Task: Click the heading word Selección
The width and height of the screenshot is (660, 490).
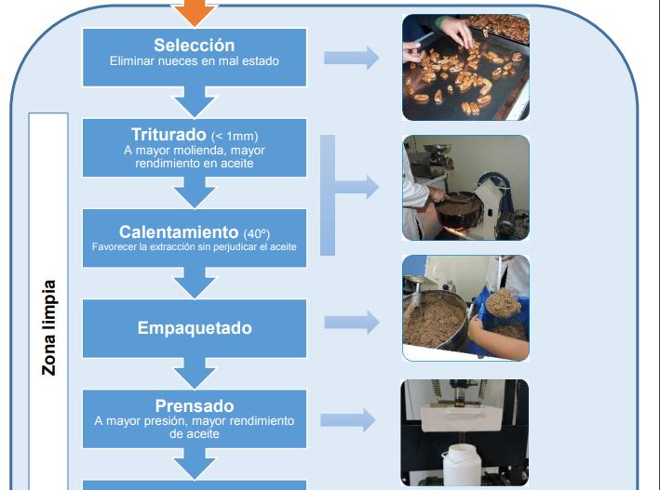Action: [194, 46]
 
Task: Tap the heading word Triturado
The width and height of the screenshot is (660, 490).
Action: [168, 136]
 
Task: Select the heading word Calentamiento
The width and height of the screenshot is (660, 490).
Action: [179, 232]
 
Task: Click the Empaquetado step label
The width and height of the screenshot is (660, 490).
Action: [195, 328]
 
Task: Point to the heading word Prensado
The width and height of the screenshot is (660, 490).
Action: [194, 406]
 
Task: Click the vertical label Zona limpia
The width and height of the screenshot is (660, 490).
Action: [49, 327]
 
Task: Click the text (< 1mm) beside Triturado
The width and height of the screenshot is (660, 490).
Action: [234, 137]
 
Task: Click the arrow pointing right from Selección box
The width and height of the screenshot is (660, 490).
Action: [351, 58]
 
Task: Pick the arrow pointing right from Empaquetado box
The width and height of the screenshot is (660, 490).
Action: [351, 323]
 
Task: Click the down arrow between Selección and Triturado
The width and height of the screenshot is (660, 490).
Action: [195, 98]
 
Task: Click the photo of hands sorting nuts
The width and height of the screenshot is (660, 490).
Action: [465, 67]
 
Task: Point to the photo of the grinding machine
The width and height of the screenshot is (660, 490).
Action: [465, 188]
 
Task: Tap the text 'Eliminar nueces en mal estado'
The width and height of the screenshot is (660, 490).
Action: [195, 62]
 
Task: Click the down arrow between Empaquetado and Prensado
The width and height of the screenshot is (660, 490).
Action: [195, 372]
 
